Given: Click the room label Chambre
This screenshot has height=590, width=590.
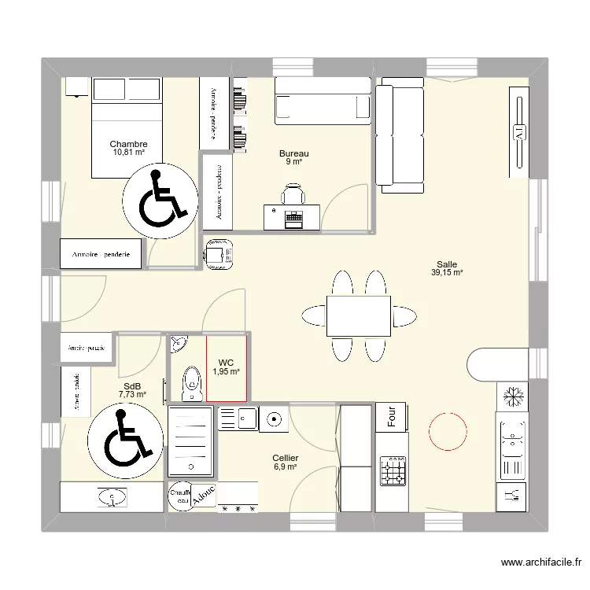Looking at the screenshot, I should [129, 144].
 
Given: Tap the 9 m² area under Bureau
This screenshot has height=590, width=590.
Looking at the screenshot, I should [293, 162].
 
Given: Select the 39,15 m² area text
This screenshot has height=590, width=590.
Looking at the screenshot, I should [447, 274].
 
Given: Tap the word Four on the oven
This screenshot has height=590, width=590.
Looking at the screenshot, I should [391, 417].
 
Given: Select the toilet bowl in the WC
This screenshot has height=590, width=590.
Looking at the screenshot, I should [189, 383].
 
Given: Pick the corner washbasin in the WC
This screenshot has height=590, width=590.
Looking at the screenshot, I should [179, 342].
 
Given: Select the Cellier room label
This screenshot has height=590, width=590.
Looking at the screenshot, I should [285, 458].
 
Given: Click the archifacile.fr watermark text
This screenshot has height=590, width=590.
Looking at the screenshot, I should [538, 563].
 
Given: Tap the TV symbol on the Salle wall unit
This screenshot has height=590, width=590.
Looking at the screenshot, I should [518, 131].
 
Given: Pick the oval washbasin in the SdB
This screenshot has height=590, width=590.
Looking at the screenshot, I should [115, 497].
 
